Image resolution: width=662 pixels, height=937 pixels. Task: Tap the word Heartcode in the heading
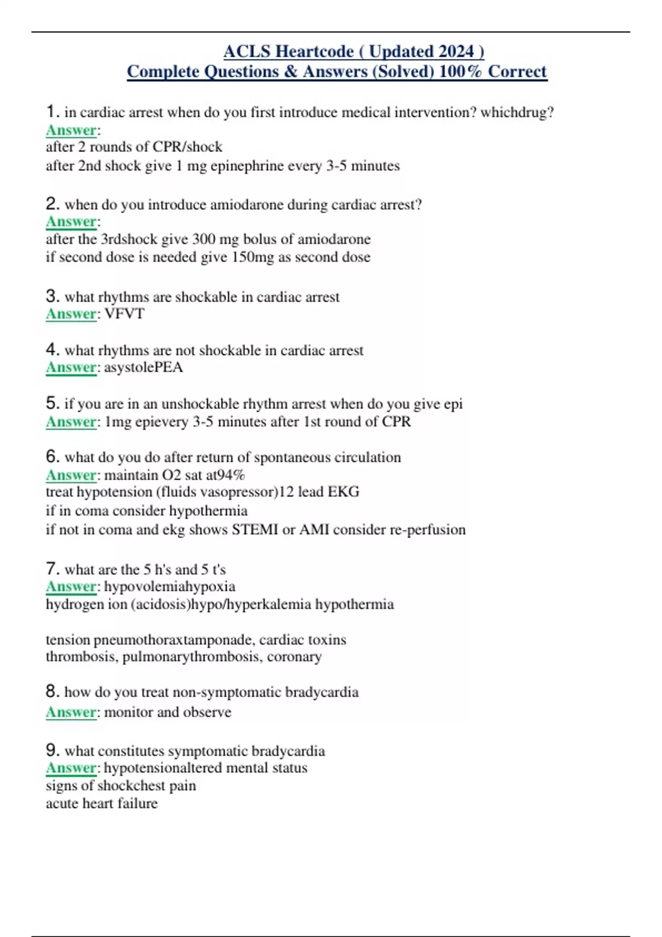coord(314,51)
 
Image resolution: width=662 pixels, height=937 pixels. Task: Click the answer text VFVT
coord(124,314)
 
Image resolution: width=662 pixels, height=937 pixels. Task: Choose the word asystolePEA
coord(143,367)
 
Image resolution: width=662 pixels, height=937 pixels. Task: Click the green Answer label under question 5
coord(71,422)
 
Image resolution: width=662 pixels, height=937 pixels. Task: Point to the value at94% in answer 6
coord(225,475)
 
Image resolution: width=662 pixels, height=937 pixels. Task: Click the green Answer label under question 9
coord(71,768)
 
